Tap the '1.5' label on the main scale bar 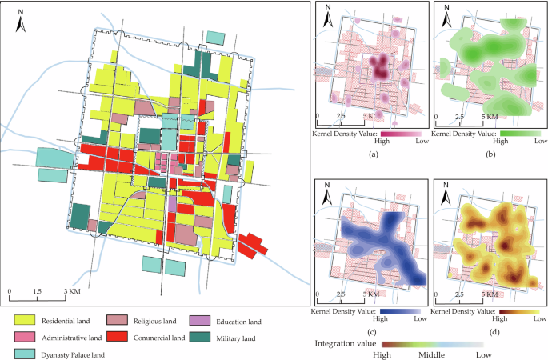point(37,290)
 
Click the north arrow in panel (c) point(328,192)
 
